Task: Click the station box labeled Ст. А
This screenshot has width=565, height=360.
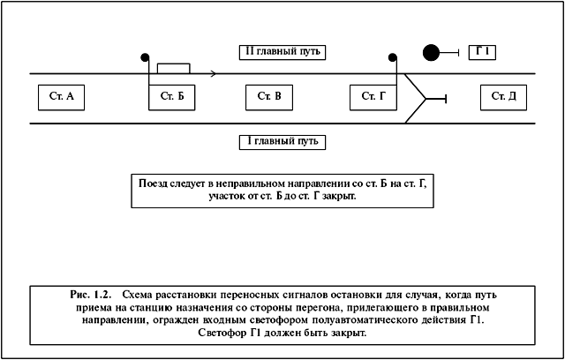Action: pyautogui.click(x=61, y=97)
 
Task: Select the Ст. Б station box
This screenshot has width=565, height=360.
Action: pyautogui.click(x=172, y=97)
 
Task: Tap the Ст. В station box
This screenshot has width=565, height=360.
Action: pyautogui.click(x=269, y=97)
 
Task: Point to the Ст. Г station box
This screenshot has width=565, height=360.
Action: pyautogui.click(x=373, y=97)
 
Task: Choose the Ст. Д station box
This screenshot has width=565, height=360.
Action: pyautogui.click(x=503, y=97)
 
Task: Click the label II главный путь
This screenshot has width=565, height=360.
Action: pyautogui.click(x=282, y=52)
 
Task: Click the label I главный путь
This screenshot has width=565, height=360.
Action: pyautogui.click(x=282, y=142)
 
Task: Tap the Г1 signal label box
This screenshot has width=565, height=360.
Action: pyautogui.click(x=482, y=53)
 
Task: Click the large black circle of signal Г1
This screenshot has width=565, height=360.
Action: pyautogui.click(x=431, y=53)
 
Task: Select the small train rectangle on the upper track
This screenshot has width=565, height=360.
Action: pyautogui.click(x=174, y=69)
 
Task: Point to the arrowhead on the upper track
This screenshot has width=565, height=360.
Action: pyautogui.click(x=214, y=74)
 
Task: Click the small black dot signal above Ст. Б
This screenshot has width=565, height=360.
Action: pyautogui.click(x=145, y=56)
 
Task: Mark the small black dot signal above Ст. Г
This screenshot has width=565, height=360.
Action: pyautogui.click(x=392, y=56)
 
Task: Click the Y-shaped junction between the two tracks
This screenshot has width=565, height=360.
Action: pyautogui.click(x=426, y=98)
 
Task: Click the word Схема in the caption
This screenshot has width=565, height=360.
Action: pyautogui.click(x=137, y=296)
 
